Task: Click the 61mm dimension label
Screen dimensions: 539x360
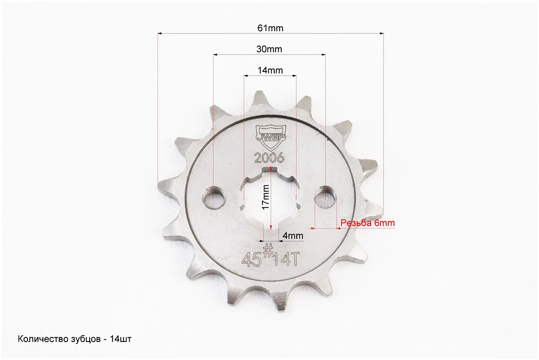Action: (x=270, y=28)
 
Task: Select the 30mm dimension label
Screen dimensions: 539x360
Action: (x=269, y=49)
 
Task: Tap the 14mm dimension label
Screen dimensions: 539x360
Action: (x=270, y=70)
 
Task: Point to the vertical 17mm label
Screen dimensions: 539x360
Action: (x=265, y=197)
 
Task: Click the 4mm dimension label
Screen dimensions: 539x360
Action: (x=293, y=236)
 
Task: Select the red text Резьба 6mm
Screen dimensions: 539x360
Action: (x=367, y=223)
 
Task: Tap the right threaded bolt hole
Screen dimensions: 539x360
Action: (x=326, y=196)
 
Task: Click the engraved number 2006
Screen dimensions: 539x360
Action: (x=269, y=158)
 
